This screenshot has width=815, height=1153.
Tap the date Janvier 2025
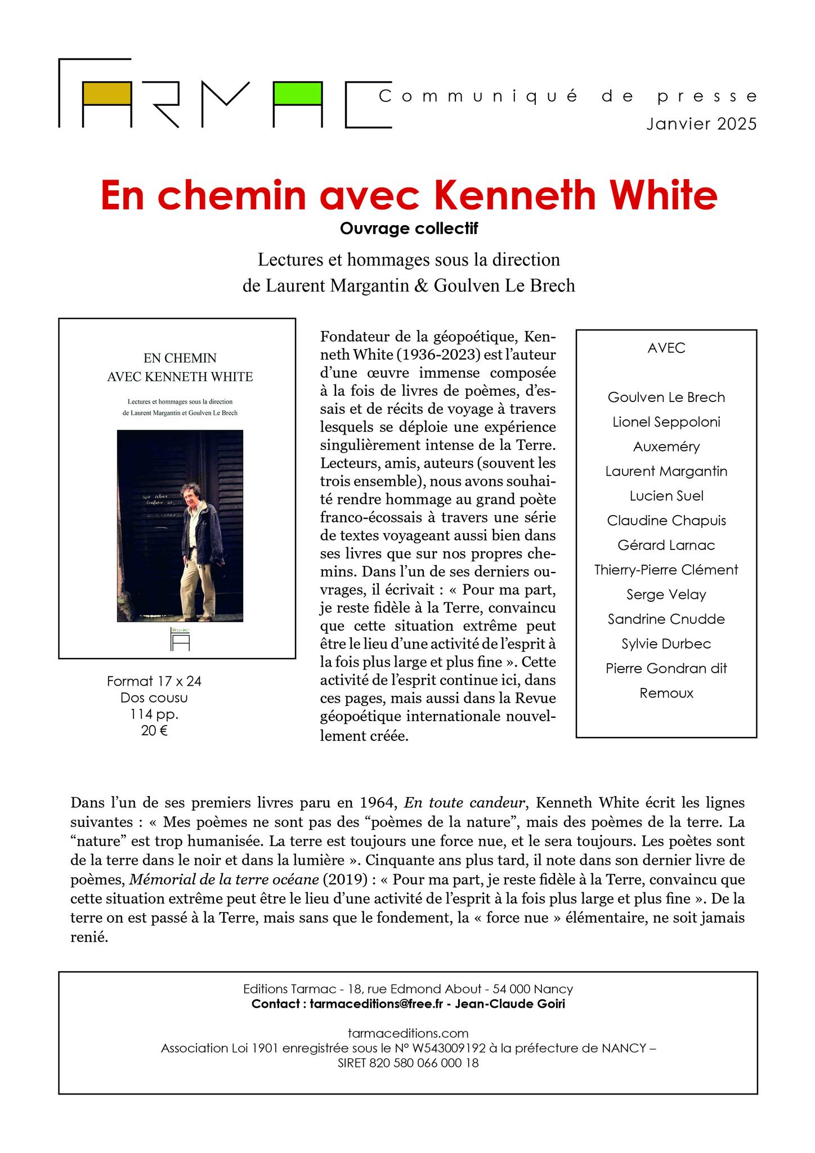701,124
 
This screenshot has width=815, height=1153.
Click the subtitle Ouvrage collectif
409,229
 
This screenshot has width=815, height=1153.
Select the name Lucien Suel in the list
666,496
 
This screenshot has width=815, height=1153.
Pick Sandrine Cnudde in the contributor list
666,619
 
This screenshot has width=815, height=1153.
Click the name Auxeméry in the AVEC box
666,447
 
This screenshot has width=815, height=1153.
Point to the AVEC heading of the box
666,348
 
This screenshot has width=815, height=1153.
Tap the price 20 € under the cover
154,731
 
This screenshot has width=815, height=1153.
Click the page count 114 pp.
154,714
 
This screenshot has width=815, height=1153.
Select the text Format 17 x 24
154,681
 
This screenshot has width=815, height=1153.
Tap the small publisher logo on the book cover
181,638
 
